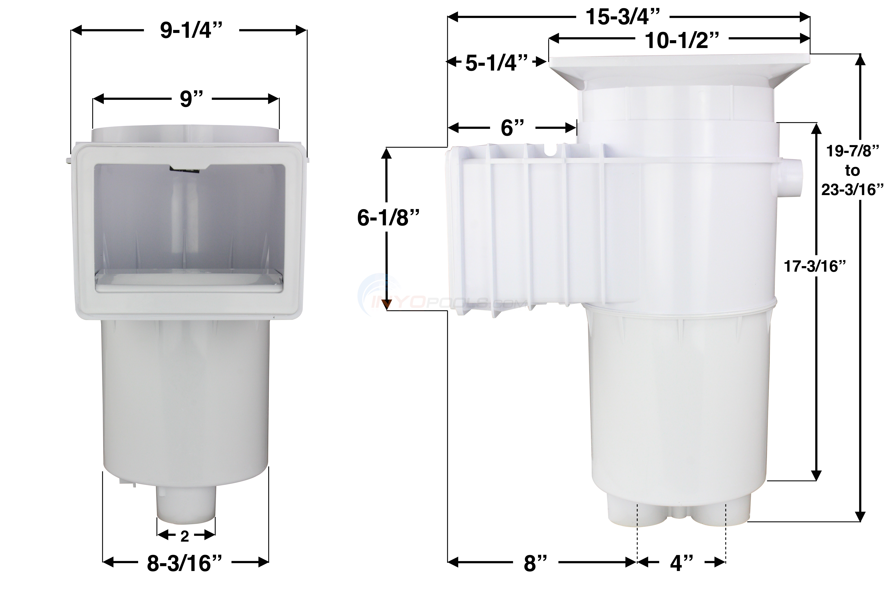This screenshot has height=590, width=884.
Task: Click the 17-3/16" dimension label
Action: [x=812, y=267]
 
